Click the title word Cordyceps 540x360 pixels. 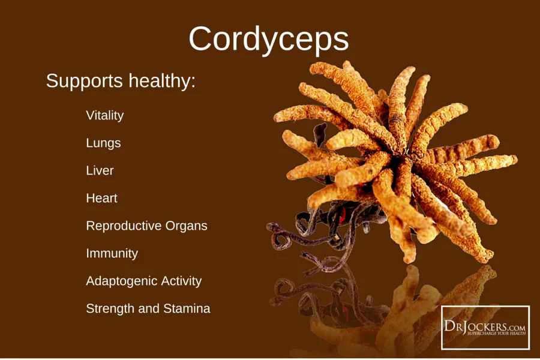269,40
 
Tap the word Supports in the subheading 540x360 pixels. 85,82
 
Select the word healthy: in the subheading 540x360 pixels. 162,82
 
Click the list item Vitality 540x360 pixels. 104,115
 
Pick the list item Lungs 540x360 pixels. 103,143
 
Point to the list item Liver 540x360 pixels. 100,170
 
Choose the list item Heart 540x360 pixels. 101,198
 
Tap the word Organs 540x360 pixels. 187,226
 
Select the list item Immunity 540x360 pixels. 112,254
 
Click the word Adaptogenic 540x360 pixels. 121,281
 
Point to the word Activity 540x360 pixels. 181,281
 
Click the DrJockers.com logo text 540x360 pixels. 485,326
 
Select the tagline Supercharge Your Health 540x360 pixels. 496,333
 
